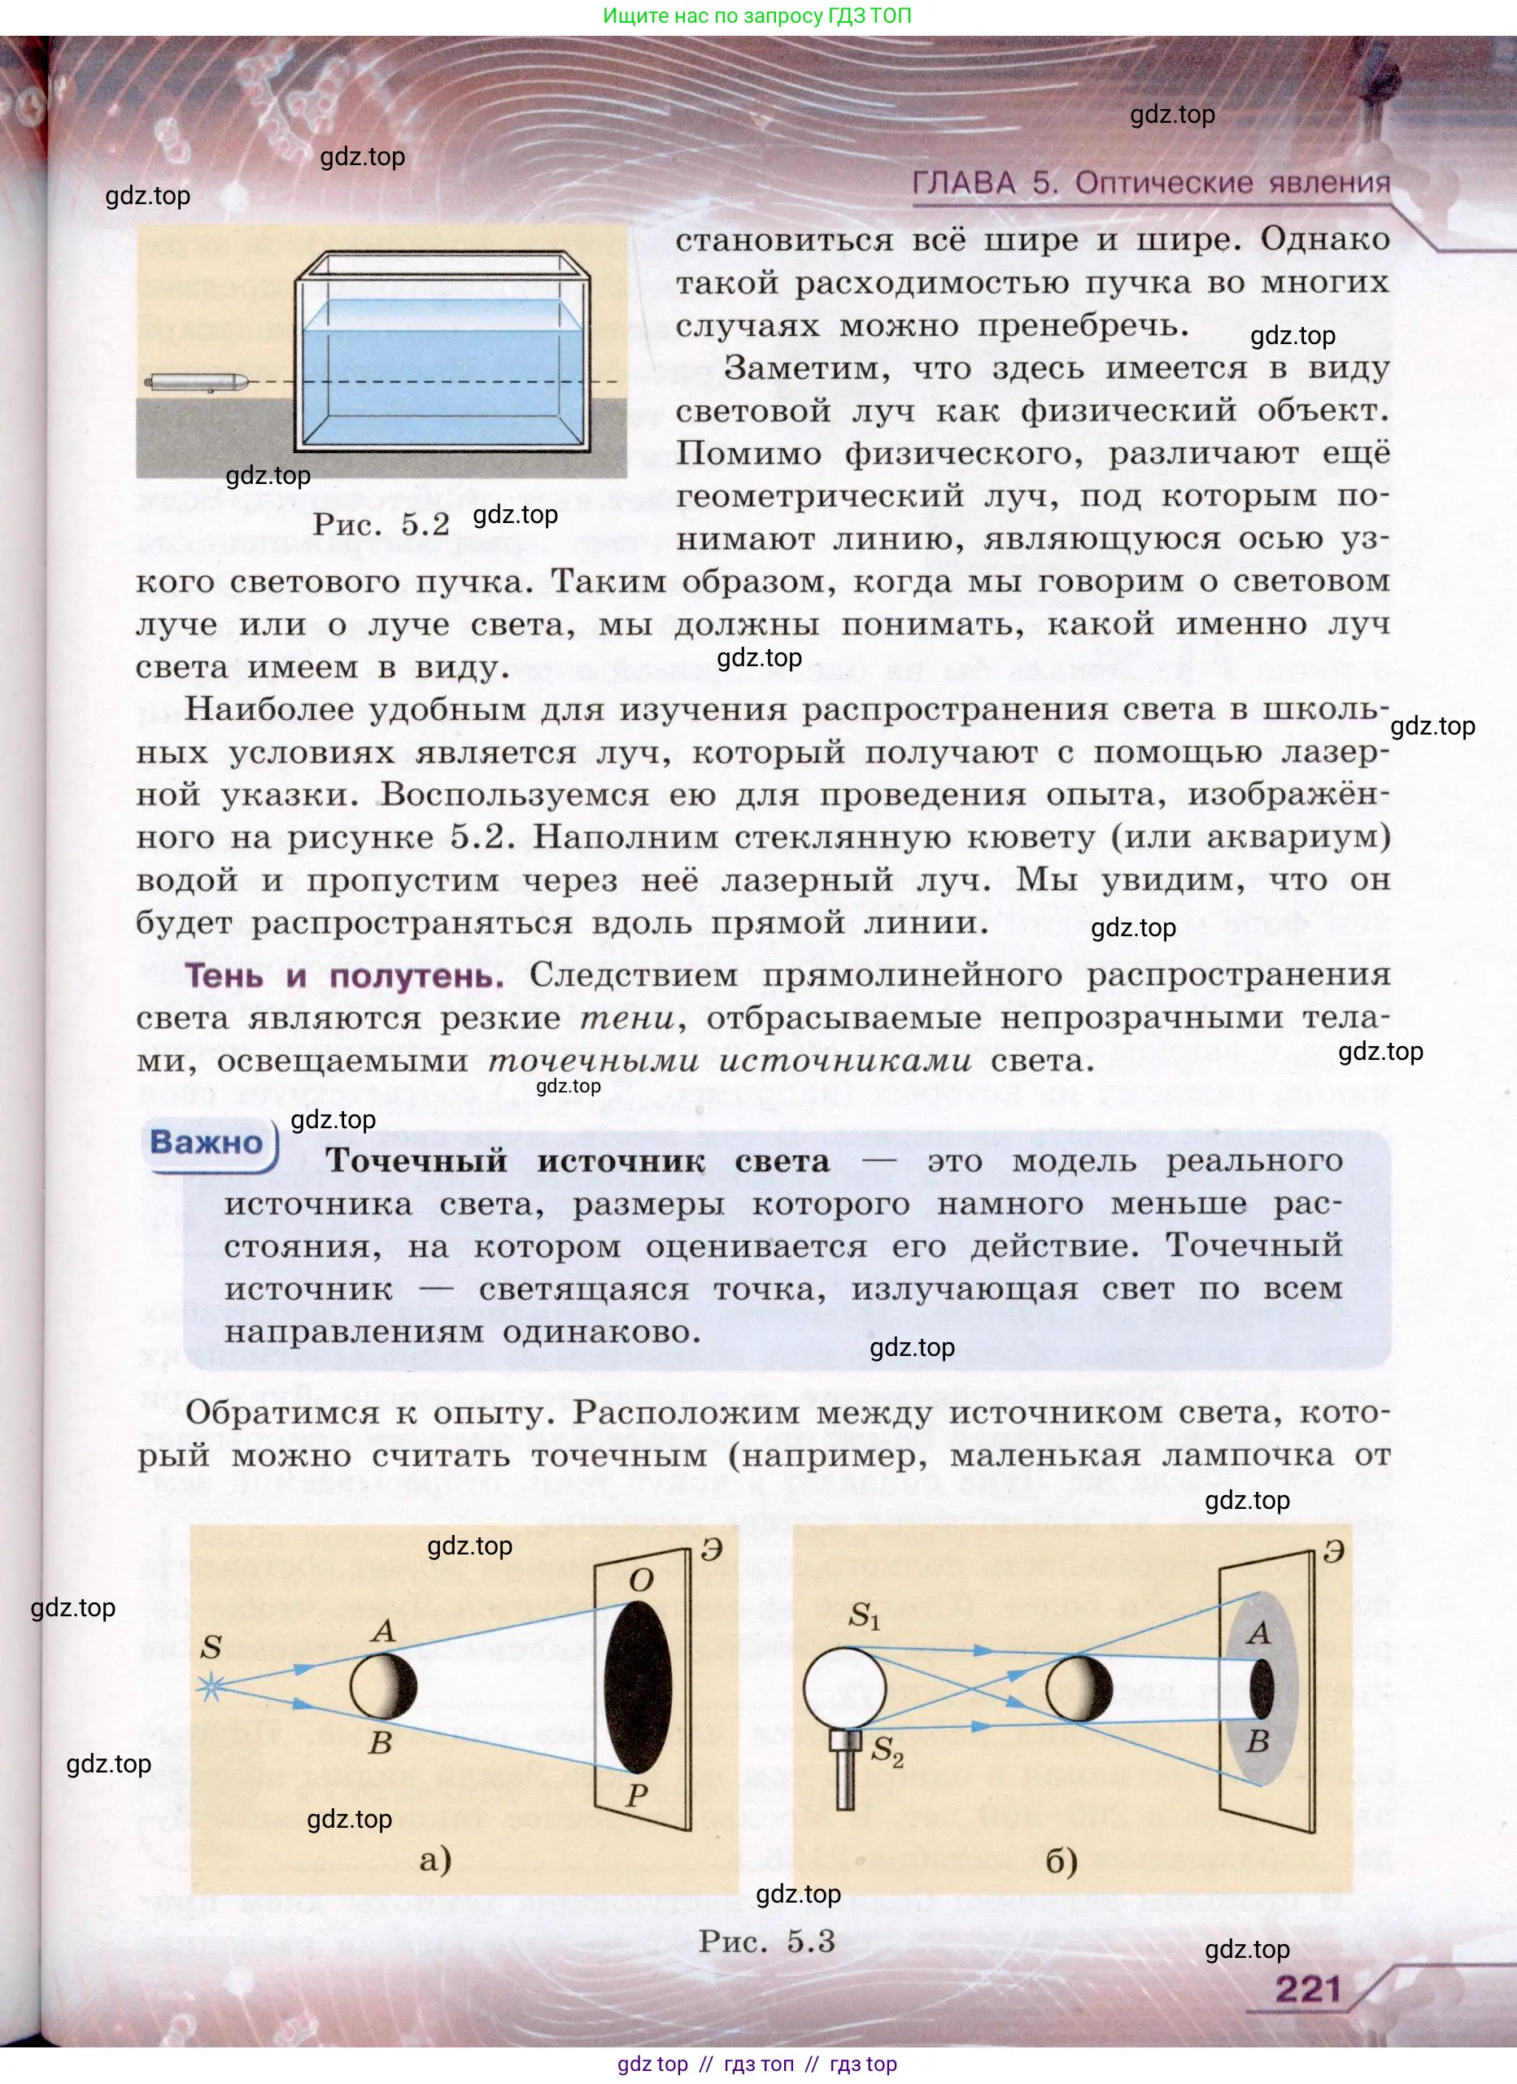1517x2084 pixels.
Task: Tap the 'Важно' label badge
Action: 207,1142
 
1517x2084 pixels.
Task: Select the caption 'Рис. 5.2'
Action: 381,525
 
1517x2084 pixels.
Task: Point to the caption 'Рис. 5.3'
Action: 766,1941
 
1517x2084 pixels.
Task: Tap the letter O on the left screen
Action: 641,1580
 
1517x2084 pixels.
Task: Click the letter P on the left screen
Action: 637,1794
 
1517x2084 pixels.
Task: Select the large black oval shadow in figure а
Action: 639,1687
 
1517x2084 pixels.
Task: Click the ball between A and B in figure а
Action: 383,1686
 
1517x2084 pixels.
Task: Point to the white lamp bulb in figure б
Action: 844,1689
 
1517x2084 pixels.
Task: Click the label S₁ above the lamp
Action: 864,1615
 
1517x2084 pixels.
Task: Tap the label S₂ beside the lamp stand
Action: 887,1750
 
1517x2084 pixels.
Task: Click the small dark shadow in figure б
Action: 1262,1689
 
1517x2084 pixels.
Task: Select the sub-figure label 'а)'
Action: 435,1859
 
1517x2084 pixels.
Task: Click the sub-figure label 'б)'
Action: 1061,1861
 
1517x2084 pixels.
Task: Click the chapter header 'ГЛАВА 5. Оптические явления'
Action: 1150,183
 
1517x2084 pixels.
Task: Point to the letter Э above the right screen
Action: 1334,1551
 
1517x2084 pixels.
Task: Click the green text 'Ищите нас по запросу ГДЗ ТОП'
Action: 757,15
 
